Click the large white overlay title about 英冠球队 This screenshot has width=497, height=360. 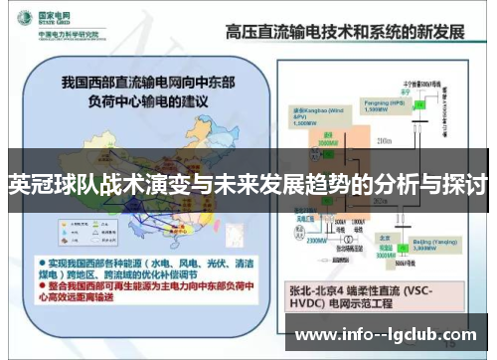click(248, 186)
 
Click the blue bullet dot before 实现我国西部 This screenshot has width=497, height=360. click(39, 257)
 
